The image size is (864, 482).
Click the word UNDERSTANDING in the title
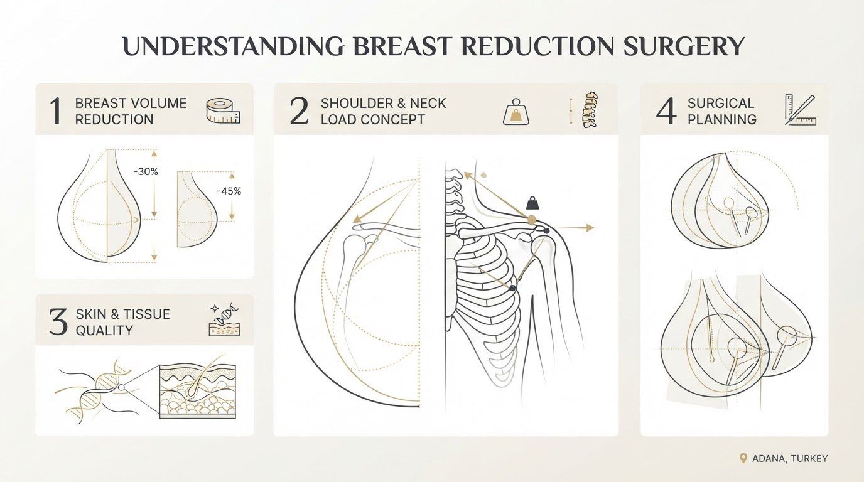click(232, 46)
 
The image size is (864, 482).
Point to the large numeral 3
click(58, 323)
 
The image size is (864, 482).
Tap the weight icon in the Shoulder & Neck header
click(516, 112)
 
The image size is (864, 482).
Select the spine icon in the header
click(588, 110)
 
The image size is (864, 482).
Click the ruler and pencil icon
click(801, 110)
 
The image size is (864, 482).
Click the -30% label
click(146, 171)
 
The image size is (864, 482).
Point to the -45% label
click(229, 191)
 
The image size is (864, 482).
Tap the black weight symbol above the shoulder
click(532, 203)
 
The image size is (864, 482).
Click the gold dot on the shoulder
click(531, 220)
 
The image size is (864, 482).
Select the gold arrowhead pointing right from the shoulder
click(590, 228)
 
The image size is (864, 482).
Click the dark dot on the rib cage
click(512, 288)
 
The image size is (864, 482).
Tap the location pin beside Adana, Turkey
click(743, 458)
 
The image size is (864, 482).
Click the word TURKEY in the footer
click(809, 459)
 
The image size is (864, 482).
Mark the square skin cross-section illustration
click(198, 392)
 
